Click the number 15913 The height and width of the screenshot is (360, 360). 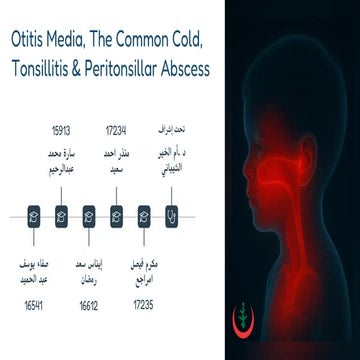click(x=61, y=130)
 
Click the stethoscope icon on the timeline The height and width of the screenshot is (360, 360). click(x=172, y=213)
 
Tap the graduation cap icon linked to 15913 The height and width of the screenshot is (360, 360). click(x=61, y=213)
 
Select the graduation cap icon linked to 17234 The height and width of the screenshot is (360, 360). click(x=117, y=213)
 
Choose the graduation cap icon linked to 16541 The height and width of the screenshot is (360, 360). click(x=34, y=213)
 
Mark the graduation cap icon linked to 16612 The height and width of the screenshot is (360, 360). click(x=89, y=213)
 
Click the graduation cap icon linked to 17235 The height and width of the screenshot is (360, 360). click(x=144, y=213)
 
